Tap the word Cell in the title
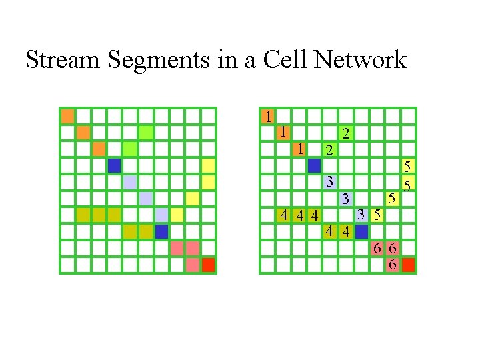point(287,60)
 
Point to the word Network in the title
point(361,60)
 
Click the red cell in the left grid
point(209,265)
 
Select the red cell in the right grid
point(409,265)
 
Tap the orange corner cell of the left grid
point(67,116)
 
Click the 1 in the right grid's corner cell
point(267,116)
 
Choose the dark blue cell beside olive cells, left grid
point(161,231)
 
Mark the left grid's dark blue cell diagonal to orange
point(114,165)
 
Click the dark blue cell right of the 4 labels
point(361,231)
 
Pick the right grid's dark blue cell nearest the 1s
point(314,165)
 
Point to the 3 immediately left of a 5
point(361,215)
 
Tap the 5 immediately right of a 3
point(377,215)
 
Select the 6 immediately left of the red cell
point(393,265)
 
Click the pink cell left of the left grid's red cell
point(193,265)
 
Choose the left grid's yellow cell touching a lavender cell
point(177,215)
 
